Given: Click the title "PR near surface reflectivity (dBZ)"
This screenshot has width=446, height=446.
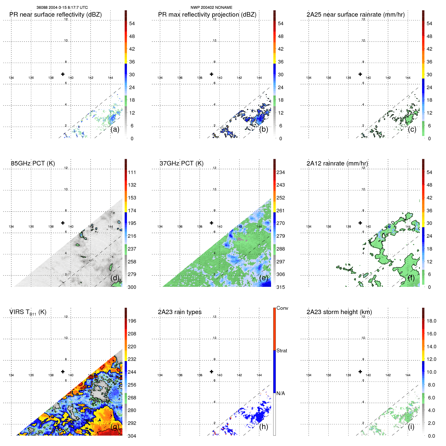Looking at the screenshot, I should point(55,15).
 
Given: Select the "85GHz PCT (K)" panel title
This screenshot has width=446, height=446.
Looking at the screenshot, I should point(33,163).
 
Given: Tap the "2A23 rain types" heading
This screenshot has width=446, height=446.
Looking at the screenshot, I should point(180,312).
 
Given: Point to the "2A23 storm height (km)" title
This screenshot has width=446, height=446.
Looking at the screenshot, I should point(339,312).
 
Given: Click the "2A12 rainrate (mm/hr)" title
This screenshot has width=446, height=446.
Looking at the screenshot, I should point(337,163).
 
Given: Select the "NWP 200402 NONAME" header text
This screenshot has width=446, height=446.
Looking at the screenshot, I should point(211,8).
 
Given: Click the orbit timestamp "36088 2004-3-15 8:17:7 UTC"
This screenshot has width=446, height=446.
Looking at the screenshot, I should point(62,8).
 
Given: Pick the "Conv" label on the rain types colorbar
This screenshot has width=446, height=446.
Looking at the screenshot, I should point(282,308).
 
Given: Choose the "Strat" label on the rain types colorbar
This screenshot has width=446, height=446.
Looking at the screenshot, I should point(282,351).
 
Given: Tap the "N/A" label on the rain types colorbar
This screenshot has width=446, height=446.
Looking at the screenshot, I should point(281,393).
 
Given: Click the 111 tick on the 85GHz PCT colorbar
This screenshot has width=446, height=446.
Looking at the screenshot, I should point(132,173).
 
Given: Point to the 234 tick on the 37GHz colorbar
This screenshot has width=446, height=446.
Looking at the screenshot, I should point(281,173).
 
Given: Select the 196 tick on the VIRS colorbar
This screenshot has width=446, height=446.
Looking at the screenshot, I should point(132,321).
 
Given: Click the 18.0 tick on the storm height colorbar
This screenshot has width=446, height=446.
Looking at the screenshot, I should point(431,321).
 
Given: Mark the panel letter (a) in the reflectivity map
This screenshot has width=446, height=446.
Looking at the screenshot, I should point(115,129).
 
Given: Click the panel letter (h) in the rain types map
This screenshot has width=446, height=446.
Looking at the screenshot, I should point(263,427).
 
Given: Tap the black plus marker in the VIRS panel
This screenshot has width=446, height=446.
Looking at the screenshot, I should point(63,371).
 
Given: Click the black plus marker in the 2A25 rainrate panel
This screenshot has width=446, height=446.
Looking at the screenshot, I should point(360,74).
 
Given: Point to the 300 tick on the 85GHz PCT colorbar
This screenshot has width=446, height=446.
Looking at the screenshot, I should point(132,287).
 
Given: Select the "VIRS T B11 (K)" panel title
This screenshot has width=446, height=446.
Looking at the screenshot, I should point(28,312).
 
